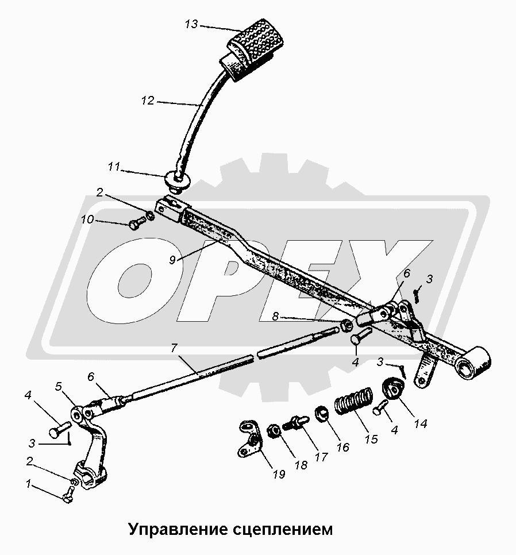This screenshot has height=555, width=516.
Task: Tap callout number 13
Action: (x=191, y=25)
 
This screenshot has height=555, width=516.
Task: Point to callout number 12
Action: (x=148, y=101)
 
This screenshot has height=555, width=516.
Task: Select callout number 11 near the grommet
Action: (x=114, y=167)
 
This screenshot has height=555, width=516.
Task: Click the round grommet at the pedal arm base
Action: (x=179, y=180)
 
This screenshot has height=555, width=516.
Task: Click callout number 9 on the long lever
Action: (x=172, y=260)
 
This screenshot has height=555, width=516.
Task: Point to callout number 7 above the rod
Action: (x=173, y=349)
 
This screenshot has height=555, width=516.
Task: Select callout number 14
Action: (x=421, y=423)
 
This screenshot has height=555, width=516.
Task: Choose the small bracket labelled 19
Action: (x=251, y=437)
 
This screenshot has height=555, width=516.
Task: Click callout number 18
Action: (x=301, y=465)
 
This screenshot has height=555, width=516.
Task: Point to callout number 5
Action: (x=59, y=386)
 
